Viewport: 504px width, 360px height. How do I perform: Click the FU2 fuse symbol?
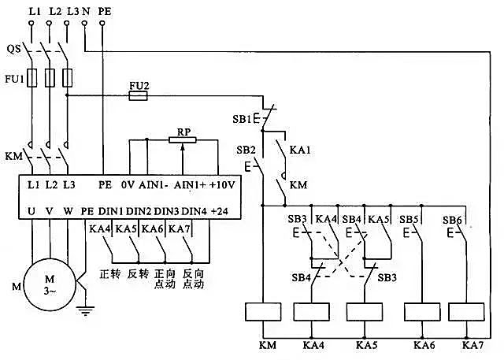[138, 95]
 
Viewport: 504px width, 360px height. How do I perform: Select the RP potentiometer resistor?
[182, 139]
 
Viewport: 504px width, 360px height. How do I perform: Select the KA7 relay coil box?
[472, 312]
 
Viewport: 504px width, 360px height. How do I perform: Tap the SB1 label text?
[241, 119]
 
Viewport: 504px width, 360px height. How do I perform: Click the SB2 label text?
[246, 149]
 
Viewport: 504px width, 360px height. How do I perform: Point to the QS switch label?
[13, 48]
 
